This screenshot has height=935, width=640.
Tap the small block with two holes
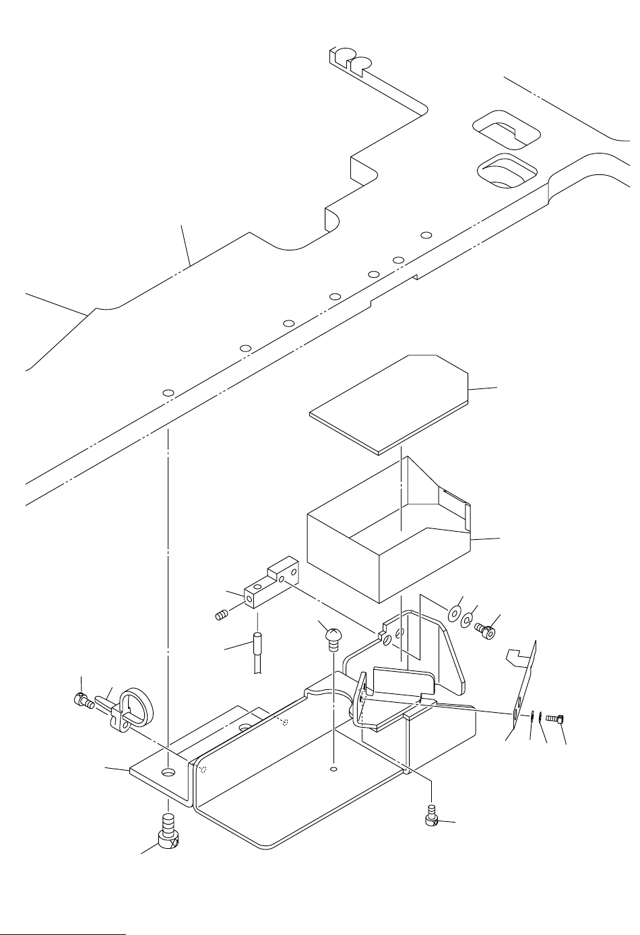pos(269,586)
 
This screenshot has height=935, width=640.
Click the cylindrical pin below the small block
pos(257,646)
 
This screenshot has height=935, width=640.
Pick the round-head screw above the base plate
pos(331,636)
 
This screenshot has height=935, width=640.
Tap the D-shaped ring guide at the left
pos(138,707)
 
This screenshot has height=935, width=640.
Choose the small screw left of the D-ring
pos(82,701)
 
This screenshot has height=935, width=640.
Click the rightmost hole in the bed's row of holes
pos(425,235)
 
